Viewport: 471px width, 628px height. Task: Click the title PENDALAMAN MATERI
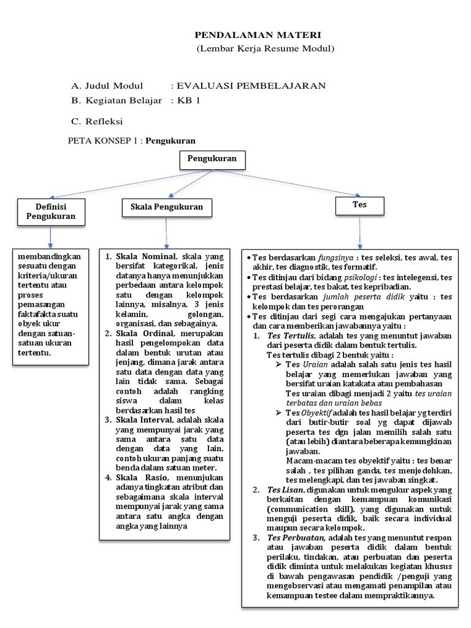point(258,36)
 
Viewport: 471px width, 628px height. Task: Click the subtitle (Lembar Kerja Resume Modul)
point(266,48)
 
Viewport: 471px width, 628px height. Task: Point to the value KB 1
point(189,101)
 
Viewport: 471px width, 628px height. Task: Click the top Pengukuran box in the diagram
point(212,160)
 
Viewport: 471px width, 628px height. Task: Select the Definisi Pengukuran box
point(51,212)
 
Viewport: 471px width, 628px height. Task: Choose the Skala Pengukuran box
point(167,207)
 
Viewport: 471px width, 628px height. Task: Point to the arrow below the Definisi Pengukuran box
point(50,236)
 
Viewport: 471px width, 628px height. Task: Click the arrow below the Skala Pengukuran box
point(166,233)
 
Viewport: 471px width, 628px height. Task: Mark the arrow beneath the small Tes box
point(359,231)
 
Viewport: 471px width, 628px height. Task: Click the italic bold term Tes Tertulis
point(291,336)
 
